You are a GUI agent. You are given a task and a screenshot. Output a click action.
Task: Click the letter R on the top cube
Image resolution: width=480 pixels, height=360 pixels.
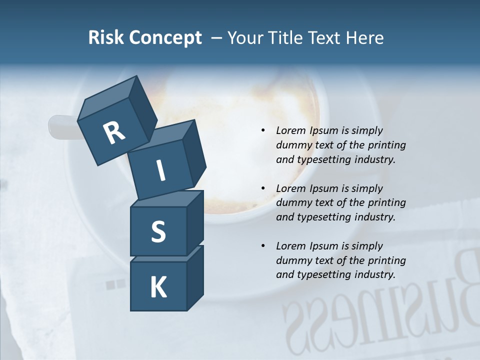[x=114, y=133]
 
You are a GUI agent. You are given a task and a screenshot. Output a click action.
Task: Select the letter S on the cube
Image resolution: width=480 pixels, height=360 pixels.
[x=158, y=232]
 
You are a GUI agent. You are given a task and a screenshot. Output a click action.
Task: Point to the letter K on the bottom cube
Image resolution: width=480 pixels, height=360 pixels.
[x=158, y=287]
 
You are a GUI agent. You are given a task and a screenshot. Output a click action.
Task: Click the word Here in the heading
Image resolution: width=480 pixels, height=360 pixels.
[x=365, y=38]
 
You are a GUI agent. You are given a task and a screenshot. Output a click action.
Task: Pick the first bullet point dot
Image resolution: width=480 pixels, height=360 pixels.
[x=263, y=131]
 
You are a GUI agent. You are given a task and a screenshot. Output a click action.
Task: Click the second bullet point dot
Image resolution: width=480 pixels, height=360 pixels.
[x=263, y=188]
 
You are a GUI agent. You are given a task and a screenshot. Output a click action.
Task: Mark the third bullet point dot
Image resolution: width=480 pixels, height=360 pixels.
[x=263, y=246]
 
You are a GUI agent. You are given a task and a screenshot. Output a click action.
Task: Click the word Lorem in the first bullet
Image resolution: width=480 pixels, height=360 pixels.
[x=289, y=130]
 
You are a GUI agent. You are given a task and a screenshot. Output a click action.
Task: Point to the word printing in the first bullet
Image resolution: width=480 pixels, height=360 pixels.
[x=387, y=145]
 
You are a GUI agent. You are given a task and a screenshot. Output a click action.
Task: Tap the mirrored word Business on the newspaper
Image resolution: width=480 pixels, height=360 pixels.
[x=380, y=310]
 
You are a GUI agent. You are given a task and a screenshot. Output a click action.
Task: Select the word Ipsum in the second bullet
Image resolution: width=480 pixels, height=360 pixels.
[x=322, y=188]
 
